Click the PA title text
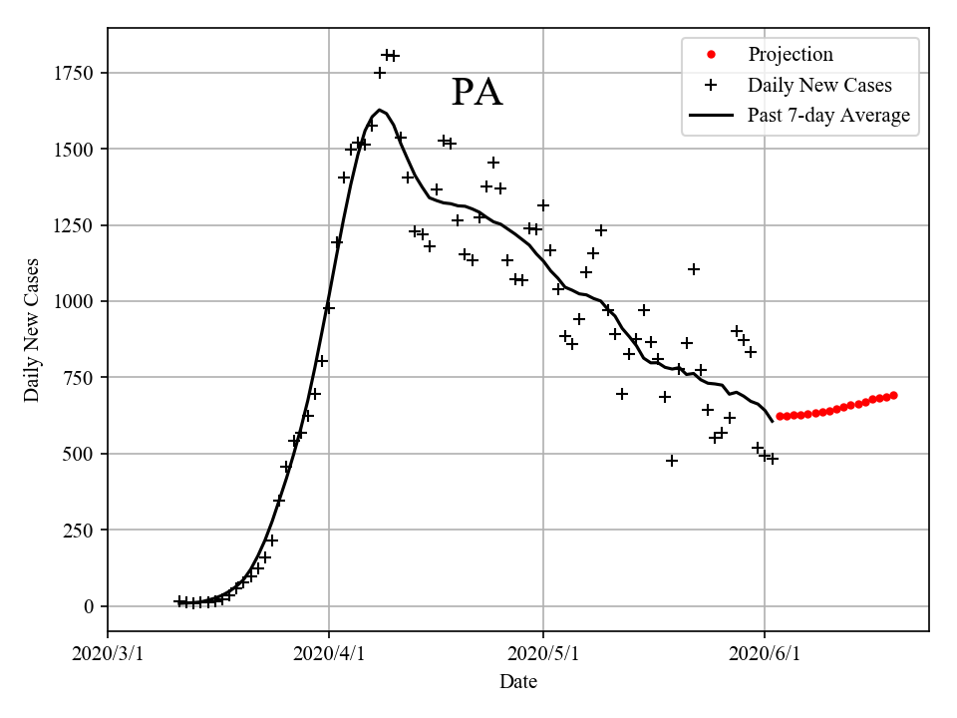(x=477, y=93)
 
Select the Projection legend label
(x=790, y=55)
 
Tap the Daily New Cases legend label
(x=818, y=85)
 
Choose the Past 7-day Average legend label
(x=828, y=116)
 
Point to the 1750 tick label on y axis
(x=74, y=73)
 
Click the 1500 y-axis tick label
(x=74, y=149)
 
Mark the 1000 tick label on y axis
(x=74, y=301)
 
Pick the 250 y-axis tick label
(x=79, y=530)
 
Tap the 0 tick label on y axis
(x=89, y=606)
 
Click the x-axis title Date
(x=518, y=682)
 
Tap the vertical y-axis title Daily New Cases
(x=32, y=329)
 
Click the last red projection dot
(x=893, y=396)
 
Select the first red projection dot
(x=779, y=416)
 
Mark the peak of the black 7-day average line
(x=380, y=110)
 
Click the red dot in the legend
(x=710, y=55)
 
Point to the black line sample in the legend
(x=710, y=116)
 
